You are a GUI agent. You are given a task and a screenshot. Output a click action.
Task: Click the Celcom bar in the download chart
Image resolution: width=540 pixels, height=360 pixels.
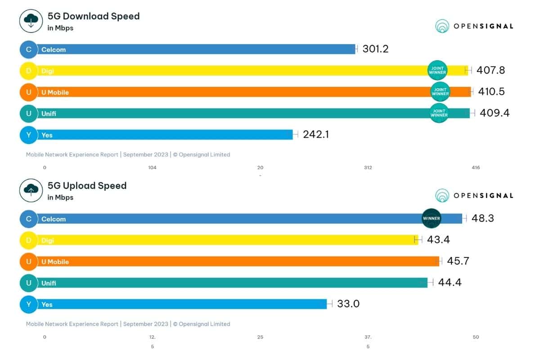[193, 49]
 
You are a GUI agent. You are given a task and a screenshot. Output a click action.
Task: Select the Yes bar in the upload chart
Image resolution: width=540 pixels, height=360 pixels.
[180, 304]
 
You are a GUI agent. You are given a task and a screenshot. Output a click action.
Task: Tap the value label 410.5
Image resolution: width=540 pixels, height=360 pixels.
[492, 92]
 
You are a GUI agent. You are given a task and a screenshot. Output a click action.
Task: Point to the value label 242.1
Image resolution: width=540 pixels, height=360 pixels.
[315, 134]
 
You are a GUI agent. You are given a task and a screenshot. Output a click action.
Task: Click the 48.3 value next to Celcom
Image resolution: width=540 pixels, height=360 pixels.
[483, 218]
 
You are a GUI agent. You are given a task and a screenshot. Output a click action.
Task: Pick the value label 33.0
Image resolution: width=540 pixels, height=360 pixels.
[348, 304]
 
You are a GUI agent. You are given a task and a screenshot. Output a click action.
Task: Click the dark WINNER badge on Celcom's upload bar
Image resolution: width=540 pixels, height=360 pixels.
[431, 218]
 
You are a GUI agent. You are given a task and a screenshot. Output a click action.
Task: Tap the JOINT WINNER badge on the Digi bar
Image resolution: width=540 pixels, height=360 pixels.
[437, 70]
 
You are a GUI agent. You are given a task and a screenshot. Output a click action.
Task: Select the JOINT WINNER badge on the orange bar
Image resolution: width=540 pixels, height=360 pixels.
[440, 92]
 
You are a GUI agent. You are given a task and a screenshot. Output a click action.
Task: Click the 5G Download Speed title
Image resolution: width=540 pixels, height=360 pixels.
[94, 16]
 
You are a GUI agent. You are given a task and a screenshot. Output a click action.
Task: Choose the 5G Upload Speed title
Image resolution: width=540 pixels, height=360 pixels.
[87, 185]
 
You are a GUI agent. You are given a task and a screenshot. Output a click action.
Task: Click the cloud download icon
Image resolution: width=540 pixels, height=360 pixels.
[31, 21]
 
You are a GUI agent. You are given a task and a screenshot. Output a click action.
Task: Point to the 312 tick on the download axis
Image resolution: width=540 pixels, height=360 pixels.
[368, 167]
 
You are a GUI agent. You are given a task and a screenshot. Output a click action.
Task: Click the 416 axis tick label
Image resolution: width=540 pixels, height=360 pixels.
[475, 167]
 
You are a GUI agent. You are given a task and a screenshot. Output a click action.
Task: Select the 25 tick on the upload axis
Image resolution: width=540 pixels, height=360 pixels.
[260, 337]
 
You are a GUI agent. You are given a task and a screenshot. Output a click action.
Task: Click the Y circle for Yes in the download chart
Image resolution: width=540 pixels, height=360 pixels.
[29, 135]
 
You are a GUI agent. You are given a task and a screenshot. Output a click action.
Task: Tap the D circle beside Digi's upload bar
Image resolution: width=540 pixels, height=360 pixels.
[29, 240]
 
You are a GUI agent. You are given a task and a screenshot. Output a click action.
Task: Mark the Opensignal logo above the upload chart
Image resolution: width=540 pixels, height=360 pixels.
[474, 196]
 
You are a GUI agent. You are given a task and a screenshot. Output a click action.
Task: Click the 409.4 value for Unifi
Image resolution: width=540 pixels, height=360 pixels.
[494, 113]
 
